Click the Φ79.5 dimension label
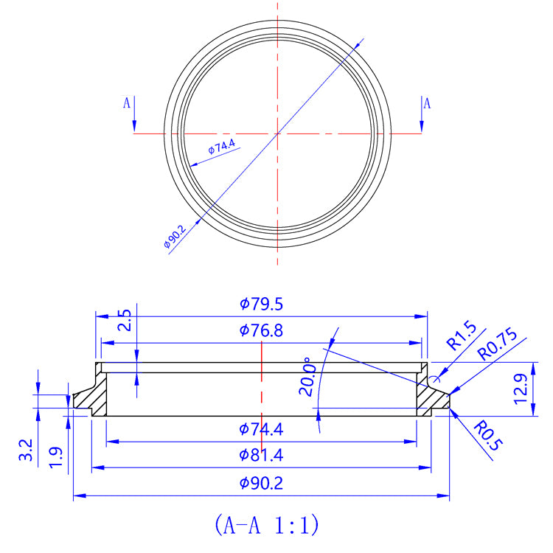262,304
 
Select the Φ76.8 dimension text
262,330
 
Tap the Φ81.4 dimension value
262,456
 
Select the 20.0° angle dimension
307,378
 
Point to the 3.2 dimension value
25,448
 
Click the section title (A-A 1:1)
266,525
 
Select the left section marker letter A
127,103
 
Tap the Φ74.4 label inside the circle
221,146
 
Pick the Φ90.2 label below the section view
262,484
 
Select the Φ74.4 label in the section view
262,428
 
